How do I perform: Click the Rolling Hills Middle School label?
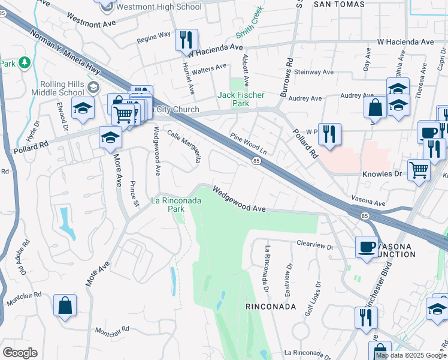pyautogui.click(x=62, y=88)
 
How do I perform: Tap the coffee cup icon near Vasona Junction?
pyautogui.click(x=366, y=247)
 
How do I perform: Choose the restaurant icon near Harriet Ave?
pyautogui.click(x=186, y=40)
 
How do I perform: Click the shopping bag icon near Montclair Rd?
pyautogui.click(x=65, y=305)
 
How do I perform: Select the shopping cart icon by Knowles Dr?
pyautogui.click(x=419, y=170)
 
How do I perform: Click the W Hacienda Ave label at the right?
pyautogui.click(x=405, y=42)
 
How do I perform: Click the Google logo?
pyautogui.click(x=20, y=353)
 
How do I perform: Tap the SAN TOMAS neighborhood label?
pyautogui.click(x=338, y=4)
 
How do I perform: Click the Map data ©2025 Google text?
pyautogui.click(x=411, y=355)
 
